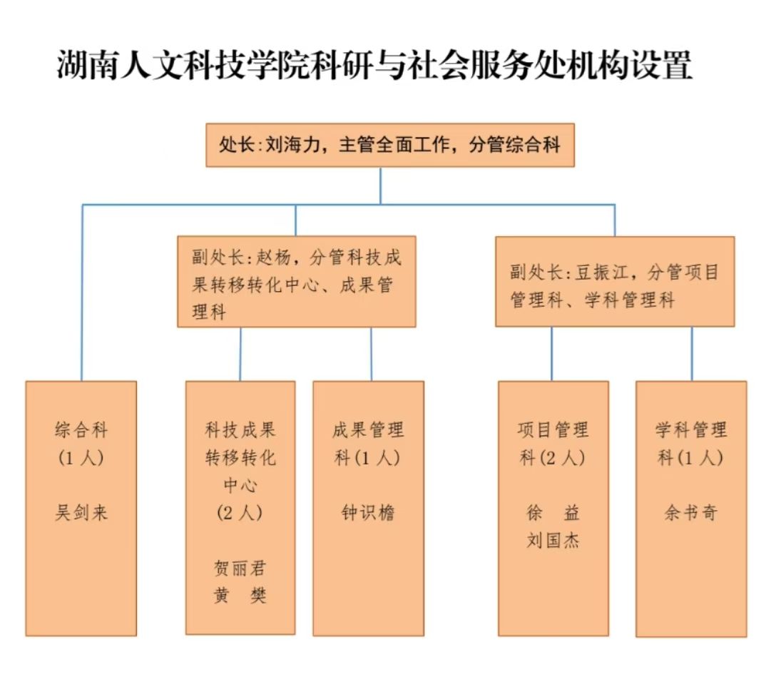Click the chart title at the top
pyautogui.click(x=374, y=66)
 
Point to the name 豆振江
pyautogui.click(x=607, y=273)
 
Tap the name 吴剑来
pyautogui.click(x=81, y=512)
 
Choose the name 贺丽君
pyautogui.click(x=240, y=569)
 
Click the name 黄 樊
pyautogui.click(x=240, y=596)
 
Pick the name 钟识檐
pyautogui.click(x=368, y=512)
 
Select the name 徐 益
pyautogui.click(x=553, y=512)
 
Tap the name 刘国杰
pyautogui.click(x=553, y=540)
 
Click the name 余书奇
pyautogui.click(x=690, y=512)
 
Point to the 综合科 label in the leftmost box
pyautogui.click(x=81, y=430)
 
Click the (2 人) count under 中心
pyautogui.click(x=240, y=512)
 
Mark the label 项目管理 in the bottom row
pyautogui.click(x=553, y=430)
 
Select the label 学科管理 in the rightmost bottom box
pyautogui.click(x=690, y=430)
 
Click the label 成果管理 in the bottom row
pyautogui.click(x=368, y=430)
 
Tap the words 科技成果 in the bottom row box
pyautogui.click(x=240, y=430)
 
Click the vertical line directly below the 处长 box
pyautogui.click(x=380, y=185)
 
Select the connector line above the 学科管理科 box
pyautogui.click(x=691, y=353)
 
